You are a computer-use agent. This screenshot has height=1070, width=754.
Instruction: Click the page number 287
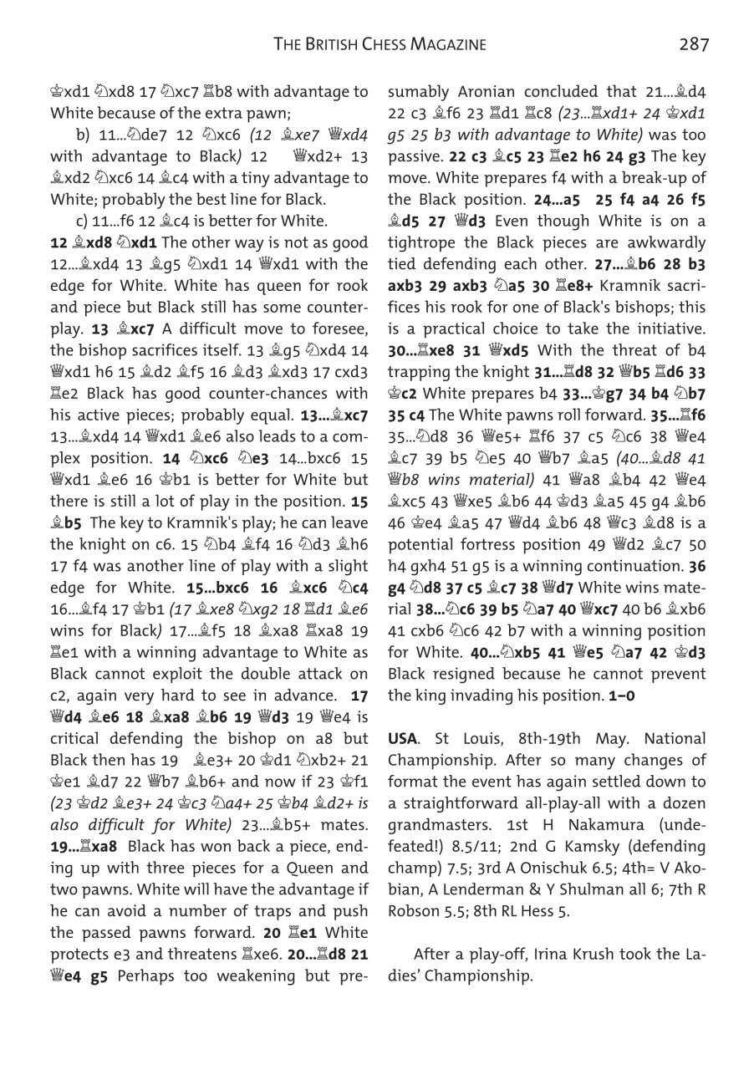tap(694, 44)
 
